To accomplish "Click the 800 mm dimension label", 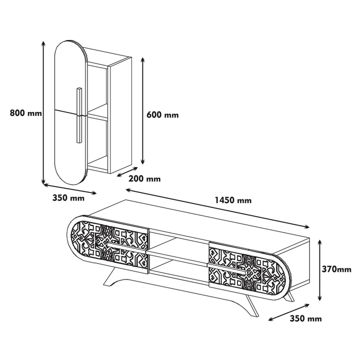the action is point(26,113).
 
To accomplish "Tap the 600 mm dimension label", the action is point(162,114).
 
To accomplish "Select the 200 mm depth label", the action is point(144,178).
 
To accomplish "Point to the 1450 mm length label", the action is point(233,200).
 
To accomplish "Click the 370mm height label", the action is point(336,269).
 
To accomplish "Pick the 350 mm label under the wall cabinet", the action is point(68,197).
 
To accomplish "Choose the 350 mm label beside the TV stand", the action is point(305,318).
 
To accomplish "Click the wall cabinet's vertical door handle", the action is point(79,115).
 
